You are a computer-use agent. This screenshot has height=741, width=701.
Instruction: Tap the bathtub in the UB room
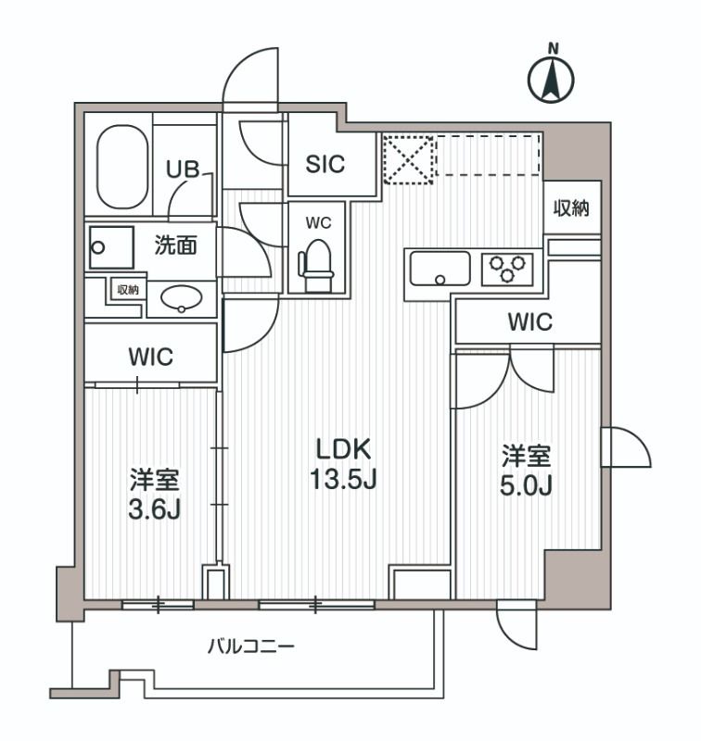click(122, 167)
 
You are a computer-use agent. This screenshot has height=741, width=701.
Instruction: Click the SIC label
click(325, 164)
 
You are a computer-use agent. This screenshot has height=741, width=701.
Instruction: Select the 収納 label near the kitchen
click(571, 208)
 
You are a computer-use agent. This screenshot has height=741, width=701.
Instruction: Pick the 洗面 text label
click(175, 246)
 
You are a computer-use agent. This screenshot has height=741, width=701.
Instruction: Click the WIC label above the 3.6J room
click(151, 357)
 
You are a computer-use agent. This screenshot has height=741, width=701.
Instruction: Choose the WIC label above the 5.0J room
click(529, 322)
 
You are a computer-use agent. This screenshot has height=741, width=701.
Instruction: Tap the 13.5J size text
click(344, 480)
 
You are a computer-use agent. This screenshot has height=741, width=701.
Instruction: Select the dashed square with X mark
click(408, 159)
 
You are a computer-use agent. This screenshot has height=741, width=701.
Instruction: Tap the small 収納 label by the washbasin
click(128, 290)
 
